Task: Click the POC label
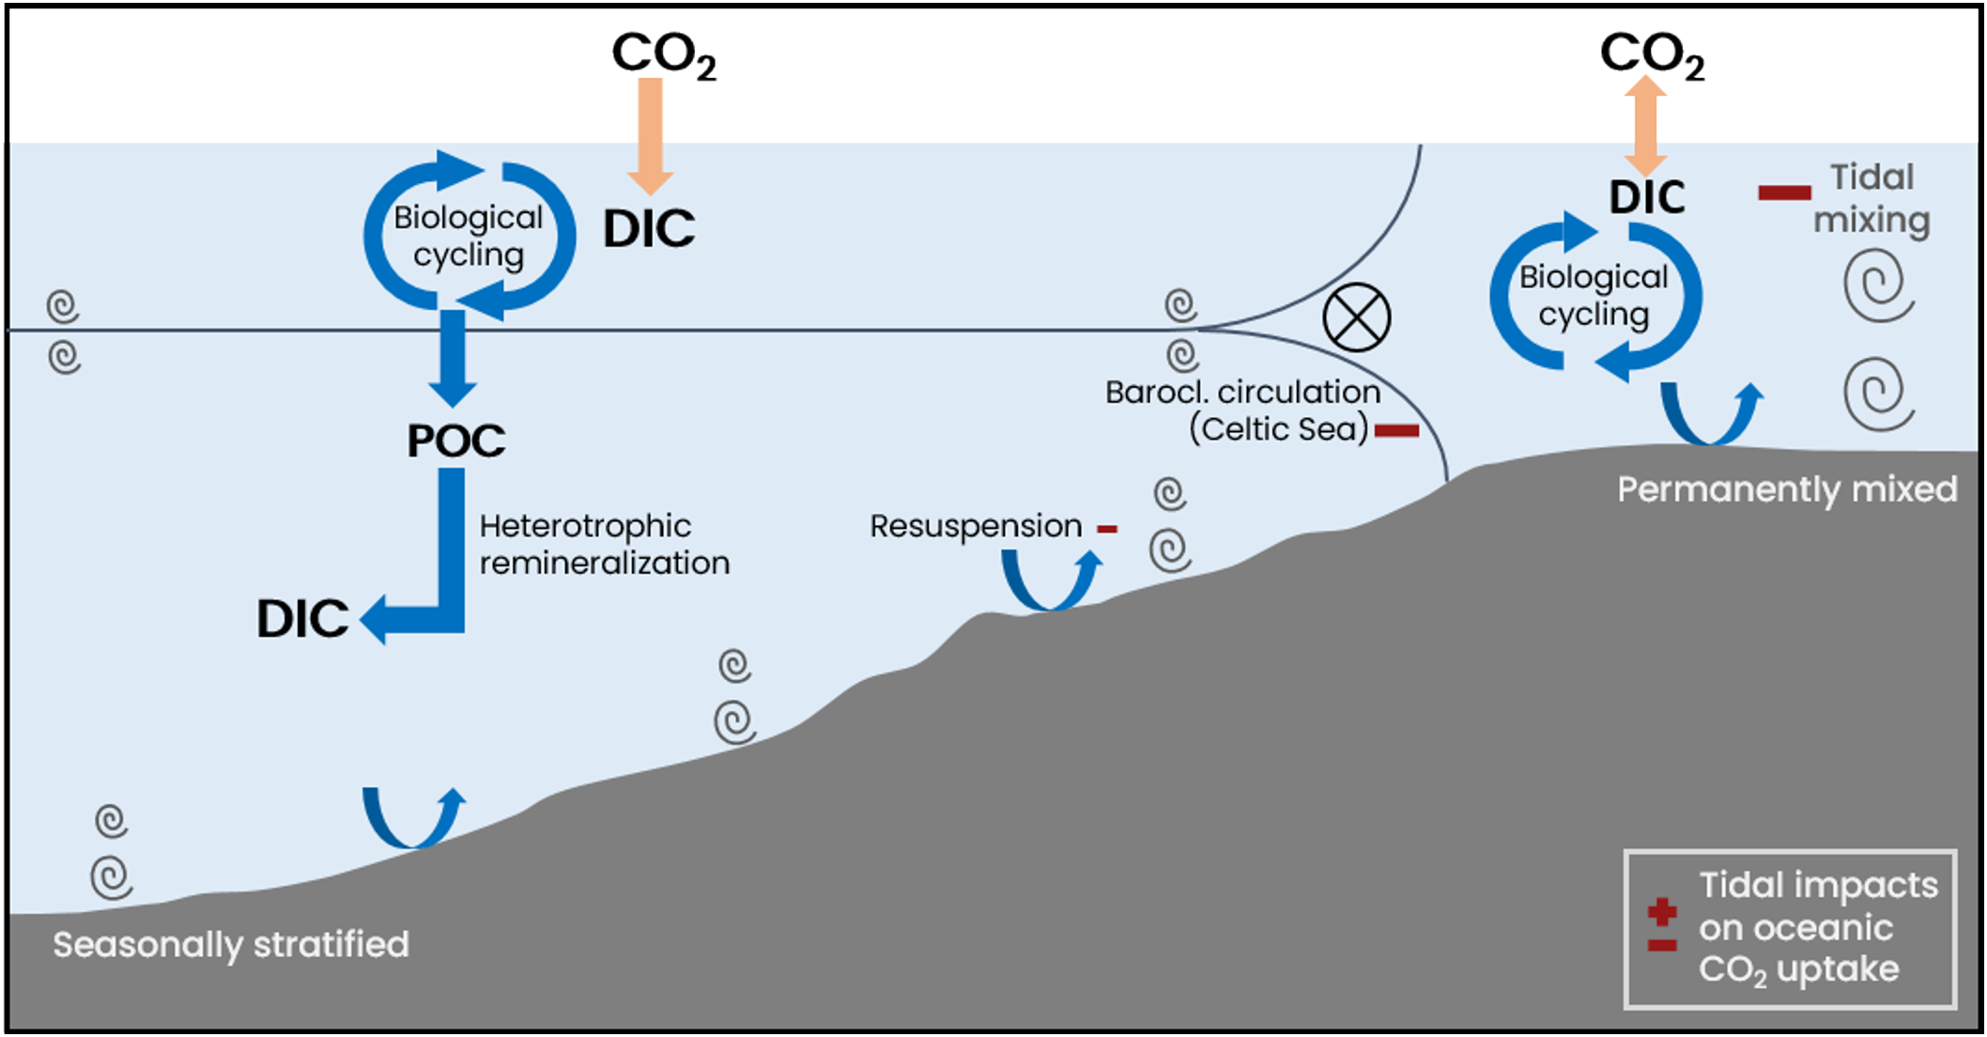[455, 441]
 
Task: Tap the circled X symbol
[1356, 317]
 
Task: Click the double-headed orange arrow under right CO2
[1646, 126]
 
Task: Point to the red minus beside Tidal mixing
[1783, 193]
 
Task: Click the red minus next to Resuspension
[1107, 530]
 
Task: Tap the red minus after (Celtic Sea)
[1396, 431]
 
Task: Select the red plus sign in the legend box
[1661, 911]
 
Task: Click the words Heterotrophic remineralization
[603, 544]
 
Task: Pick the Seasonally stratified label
[231, 944]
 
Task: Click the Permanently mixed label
[1786, 489]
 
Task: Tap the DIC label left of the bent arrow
[301, 619]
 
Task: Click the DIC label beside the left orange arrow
[649, 228]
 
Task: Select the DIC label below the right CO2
[1646, 197]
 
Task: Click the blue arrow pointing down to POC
[453, 357]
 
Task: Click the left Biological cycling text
[468, 236]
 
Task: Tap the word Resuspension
[975, 526]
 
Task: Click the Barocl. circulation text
[1241, 392]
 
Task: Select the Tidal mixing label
[1871, 198]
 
